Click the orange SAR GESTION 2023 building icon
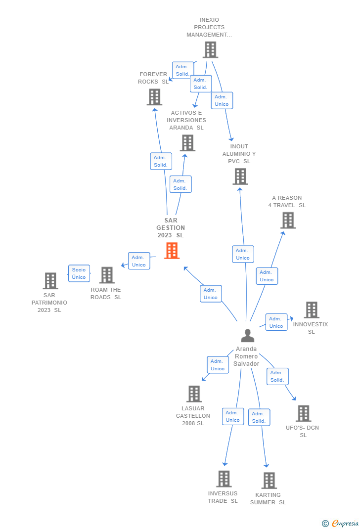pos(172,251)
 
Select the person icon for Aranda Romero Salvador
pos(247,335)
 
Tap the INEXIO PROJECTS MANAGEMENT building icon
pos(210,49)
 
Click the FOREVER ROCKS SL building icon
pos(154,97)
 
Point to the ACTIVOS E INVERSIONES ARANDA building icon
pos(187,143)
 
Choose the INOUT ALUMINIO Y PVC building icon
pos(240,176)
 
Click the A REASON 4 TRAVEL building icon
pos(288,220)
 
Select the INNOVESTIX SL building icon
pos(312,310)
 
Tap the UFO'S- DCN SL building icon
pos(303,413)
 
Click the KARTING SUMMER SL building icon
pos(269,480)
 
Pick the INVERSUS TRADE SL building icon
pos(224,479)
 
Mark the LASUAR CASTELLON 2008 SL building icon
pos(194,394)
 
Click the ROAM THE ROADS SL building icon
pos(107,275)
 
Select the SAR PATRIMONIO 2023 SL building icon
pos(50,281)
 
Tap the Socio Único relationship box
pos(79,273)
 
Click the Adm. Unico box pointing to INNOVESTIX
pos(276,322)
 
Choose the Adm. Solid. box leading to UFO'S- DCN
pos(277,376)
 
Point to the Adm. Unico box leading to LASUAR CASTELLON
pos(218,365)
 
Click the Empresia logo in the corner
pos(341,523)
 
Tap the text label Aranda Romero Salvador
pos(247,356)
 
